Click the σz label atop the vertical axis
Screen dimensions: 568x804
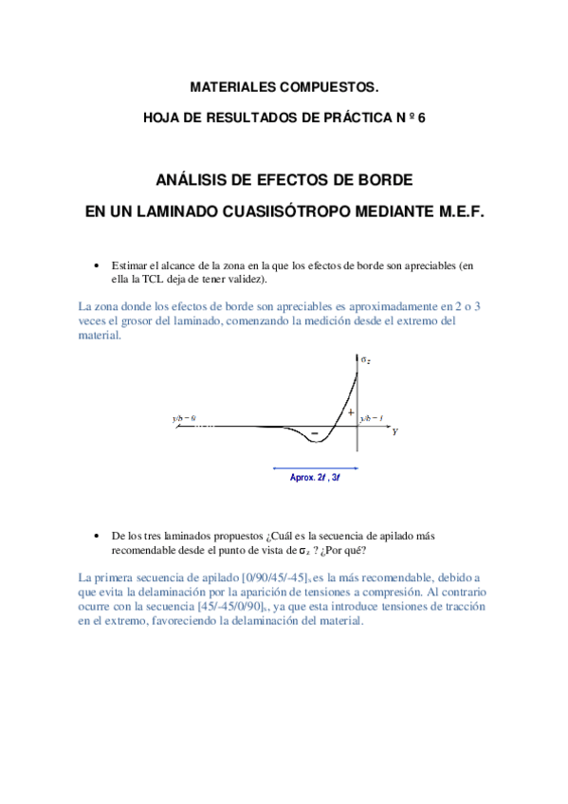[x=365, y=358]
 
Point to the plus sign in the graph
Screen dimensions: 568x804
[x=350, y=413]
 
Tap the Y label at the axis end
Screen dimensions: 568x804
[x=394, y=430]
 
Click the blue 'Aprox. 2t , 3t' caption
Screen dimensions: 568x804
[x=315, y=478]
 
